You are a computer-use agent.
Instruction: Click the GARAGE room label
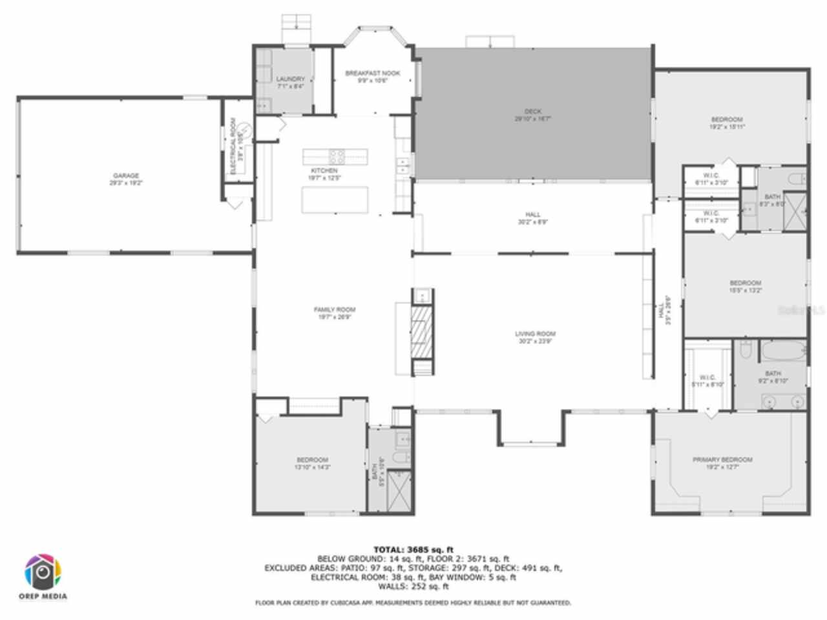pyautogui.click(x=126, y=176)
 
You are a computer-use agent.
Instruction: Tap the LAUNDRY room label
pyautogui.click(x=290, y=79)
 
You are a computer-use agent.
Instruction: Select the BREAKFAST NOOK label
pyautogui.click(x=372, y=73)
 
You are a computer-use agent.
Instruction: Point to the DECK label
pyautogui.click(x=533, y=111)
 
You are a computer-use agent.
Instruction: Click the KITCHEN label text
pyautogui.click(x=324, y=170)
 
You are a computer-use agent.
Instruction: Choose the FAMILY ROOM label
pyautogui.click(x=335, y=309)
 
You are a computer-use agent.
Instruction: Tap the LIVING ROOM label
pyautogui.click(x=535, y=334)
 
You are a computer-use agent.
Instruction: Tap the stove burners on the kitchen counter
pyautogui.click(x=337, y=156)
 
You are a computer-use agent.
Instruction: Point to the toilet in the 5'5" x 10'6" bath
pyautogui.click(x=401, y=458)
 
